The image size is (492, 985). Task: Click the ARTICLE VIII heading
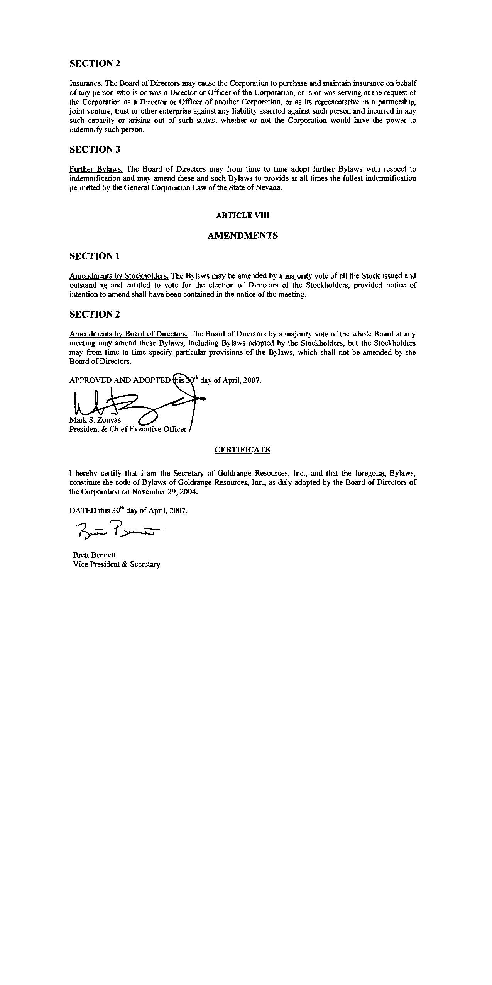(242, 216)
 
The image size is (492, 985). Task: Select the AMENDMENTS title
(242, 236)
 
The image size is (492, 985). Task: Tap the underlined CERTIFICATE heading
(242, 450)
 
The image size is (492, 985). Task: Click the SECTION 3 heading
(95, 149)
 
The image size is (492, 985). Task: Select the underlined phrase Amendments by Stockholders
(119, 276)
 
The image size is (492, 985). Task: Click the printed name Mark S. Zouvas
(95, 420)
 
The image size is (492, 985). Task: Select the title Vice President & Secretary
(116, 564)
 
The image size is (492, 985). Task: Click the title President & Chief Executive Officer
(128, 429)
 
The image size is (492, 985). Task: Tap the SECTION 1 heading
(95, 256)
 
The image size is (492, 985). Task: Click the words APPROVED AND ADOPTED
(120, 380)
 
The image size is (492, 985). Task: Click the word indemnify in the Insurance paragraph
(86, 130)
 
